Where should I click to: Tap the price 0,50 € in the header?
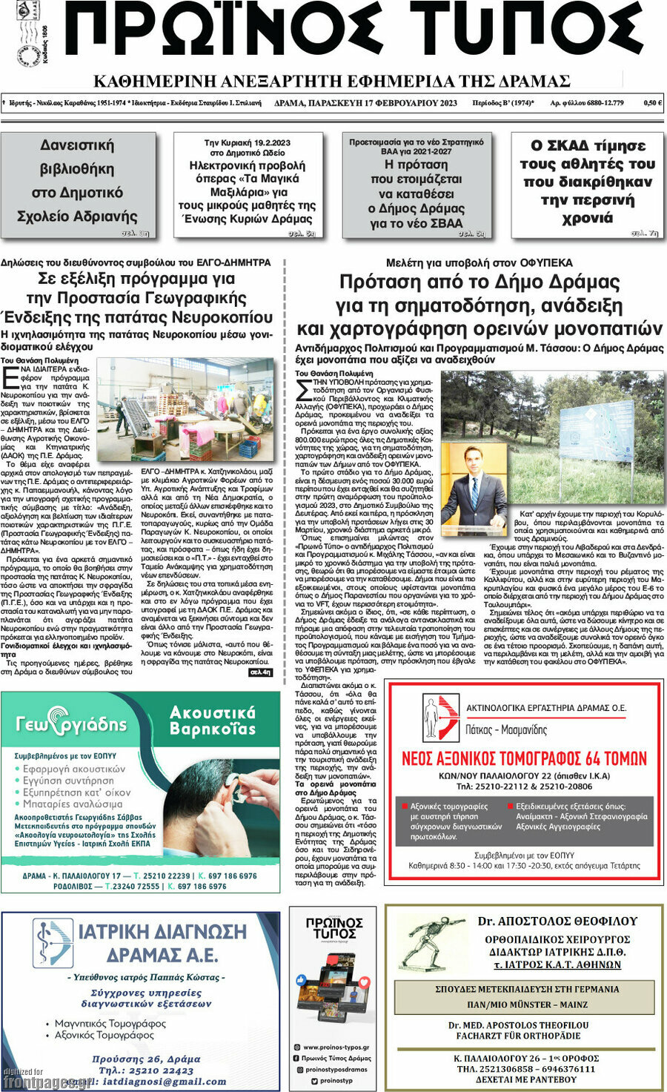pyautogui.click(x=652, y=103)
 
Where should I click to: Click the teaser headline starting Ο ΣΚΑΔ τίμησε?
pyautogui.click(x=587, y=181)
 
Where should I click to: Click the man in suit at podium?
pyautogui.click(x=474, y=492)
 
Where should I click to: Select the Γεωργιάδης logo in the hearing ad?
pyautogui.click(x=72, y=724)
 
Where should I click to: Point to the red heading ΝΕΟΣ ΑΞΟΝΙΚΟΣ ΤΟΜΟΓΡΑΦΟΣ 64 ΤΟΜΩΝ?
pyautogui.click(x=524, y=758)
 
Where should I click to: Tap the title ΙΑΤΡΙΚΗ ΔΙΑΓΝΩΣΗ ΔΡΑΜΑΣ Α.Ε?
pyautogui.click(x=162, y=942)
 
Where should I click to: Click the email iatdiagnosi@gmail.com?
pyautogui.click(x=165, y=1082)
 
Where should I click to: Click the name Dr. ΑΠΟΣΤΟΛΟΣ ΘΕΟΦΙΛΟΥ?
pyautogui.click(x=557, y=921)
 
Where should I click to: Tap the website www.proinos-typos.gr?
pyautogui.click(x=337, y=1048)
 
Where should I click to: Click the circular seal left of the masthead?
pyautogui.click(x=27, y=56)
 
